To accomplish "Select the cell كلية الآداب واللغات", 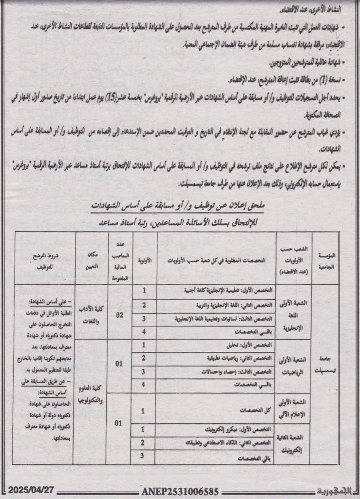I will pos(91,315).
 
